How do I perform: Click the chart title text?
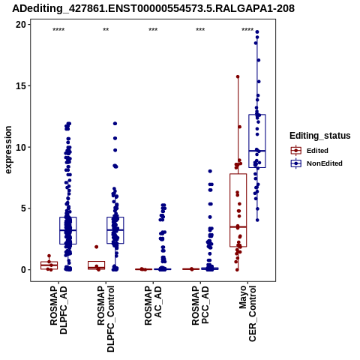pos(153,8)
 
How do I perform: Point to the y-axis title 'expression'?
pos(8,150)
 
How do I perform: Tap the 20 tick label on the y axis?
pos(21,25)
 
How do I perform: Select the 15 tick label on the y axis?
pos(22,85)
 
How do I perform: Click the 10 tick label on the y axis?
pos(21,147)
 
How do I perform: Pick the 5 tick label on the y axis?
pos(24,208)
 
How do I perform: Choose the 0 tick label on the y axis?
pos(24,270)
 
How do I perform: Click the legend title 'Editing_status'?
pos(320,136)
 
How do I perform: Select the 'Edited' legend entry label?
pos(317,151)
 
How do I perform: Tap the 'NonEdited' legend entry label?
pos(325,163)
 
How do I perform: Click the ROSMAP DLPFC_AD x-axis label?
pos(58,310)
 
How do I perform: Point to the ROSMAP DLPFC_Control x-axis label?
pos(106,319)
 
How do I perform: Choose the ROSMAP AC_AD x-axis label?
pos(153,305)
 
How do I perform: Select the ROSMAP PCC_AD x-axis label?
pos(200,305)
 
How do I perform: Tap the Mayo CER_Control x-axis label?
pos(247,313)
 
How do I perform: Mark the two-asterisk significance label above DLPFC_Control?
pos(106,30)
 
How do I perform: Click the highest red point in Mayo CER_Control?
pos(238,76)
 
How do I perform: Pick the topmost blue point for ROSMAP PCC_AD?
pos(210,171)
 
